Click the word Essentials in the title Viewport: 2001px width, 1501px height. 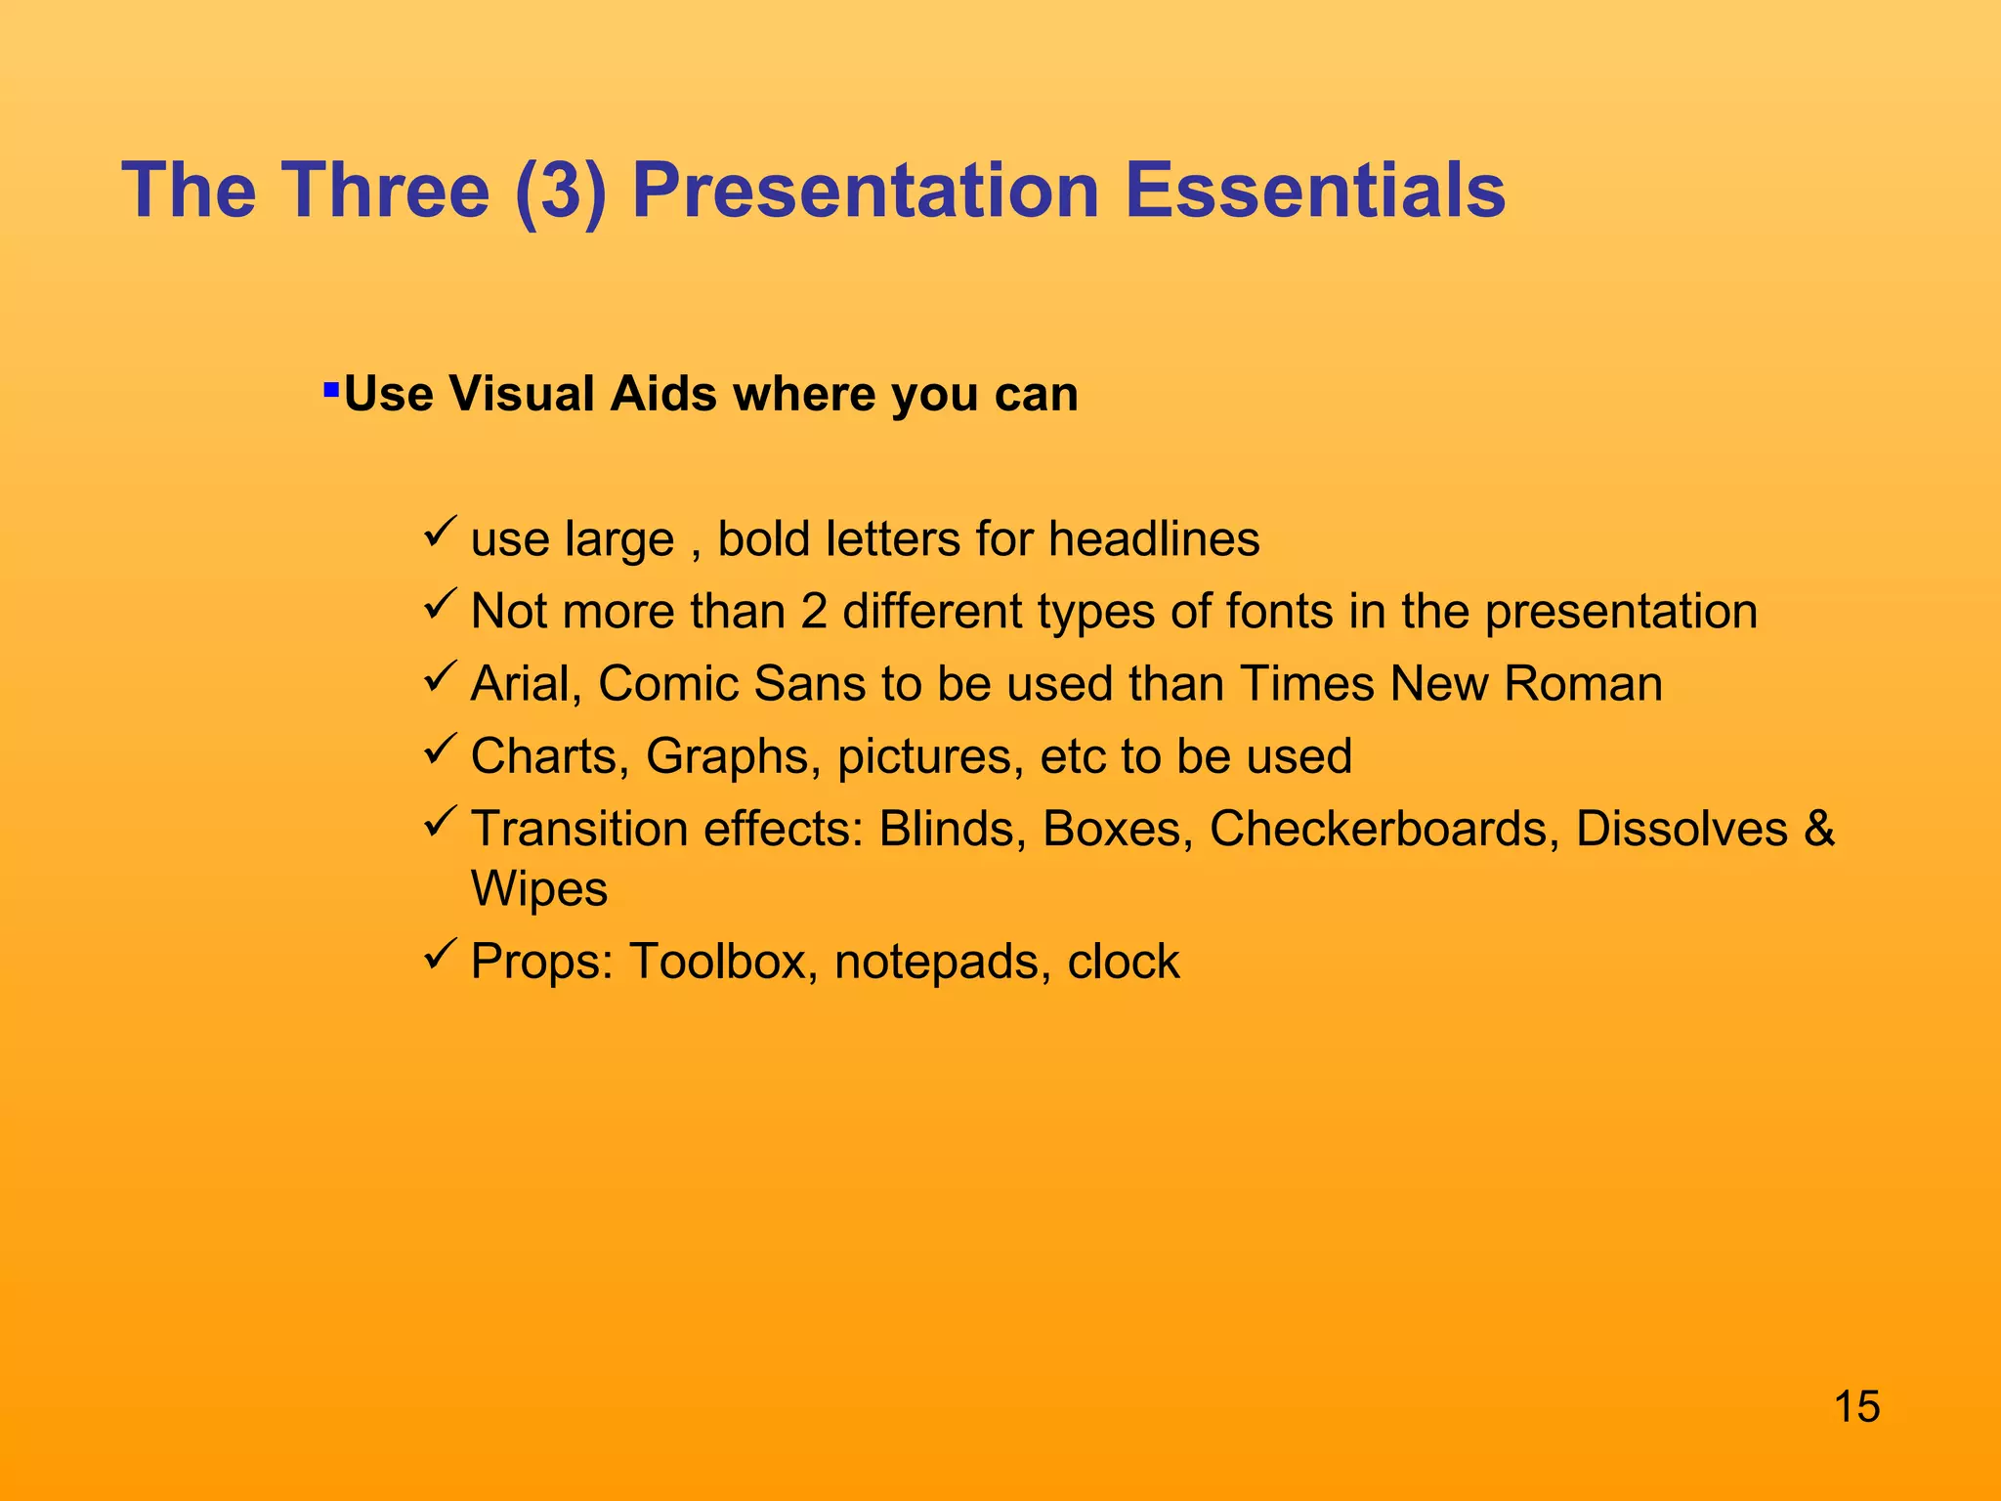[x=1314, y=190]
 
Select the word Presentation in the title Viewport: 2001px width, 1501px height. [x=866, y=190]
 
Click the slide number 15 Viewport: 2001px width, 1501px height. [x=1856, y=1407]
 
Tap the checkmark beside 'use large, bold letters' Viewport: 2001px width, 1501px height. [x=442, y=533]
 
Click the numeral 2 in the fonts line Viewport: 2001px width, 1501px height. [x=814, y=612]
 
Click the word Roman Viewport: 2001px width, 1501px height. [x=1583, y=684]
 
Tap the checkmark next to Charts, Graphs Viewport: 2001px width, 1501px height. [x=442, y=750]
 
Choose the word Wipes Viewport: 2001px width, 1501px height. [x=539, y=889]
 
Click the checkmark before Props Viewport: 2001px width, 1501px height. [x=442, y=955]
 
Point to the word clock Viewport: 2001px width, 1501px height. [x=1124, y=962]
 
